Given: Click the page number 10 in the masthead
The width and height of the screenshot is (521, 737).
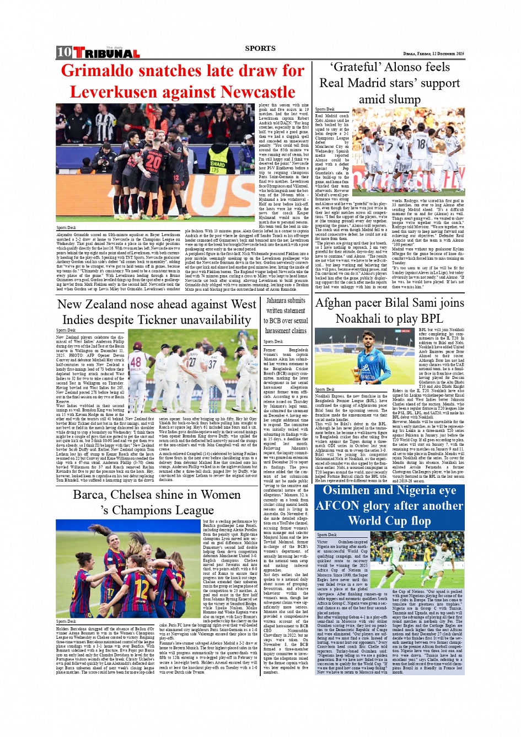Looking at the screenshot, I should pos(63,52).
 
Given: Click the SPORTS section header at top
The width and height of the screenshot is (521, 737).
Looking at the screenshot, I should pos(260,49).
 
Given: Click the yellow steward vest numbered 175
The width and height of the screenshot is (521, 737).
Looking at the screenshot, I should pos(217,166).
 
